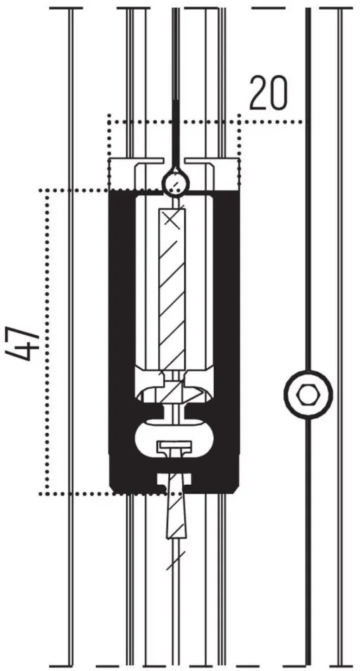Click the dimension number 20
pos(269,93)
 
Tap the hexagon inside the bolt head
pos(307,394)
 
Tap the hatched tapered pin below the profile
pos(176,507)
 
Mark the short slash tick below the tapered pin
pos(176,561)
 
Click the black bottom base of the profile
pos(174,476)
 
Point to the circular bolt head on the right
pos(308,394)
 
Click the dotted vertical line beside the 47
pos(46,342)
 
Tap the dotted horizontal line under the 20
pos(207,122)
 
